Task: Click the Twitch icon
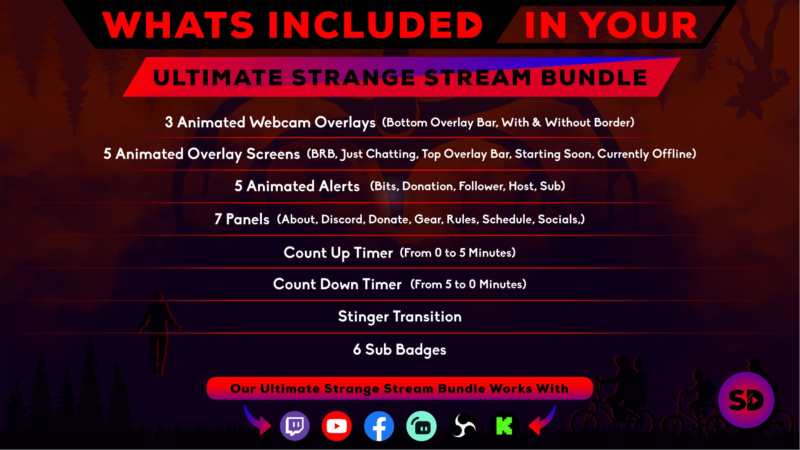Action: tap(295, 426)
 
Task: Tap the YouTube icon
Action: tap(336, 426)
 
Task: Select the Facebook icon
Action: tap(379, 426)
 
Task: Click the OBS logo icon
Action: tap(463, 426)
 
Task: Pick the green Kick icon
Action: tap(504, 426)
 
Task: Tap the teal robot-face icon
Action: tap(421, 426)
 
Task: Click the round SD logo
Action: tap(746, 400)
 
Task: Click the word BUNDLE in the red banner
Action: tap(594, 78)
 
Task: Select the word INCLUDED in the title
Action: tap(375, 25)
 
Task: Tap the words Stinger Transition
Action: tap(400, 317)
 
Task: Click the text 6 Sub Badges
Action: tap(400, 350)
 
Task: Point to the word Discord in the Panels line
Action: tap(343, 219)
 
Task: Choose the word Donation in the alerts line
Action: tap(428, 186)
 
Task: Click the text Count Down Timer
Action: tap(337, 284)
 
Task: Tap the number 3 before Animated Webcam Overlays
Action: tap(169, 122)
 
